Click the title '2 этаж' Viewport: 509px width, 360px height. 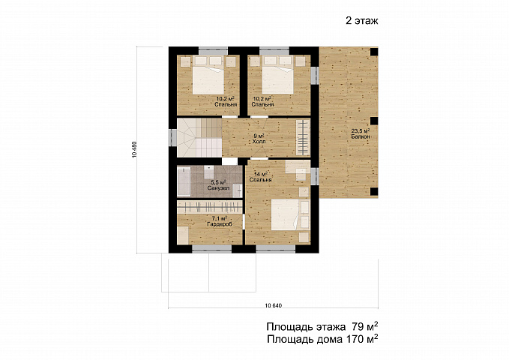tap(362, 21)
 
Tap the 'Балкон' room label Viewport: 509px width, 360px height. tap(361, 136)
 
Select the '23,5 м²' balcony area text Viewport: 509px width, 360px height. tap(361, 131)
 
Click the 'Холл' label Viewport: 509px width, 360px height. tap(259, 142)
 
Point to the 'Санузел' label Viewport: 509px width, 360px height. tap(218, 187)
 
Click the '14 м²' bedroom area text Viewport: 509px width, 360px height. tap(260, 174)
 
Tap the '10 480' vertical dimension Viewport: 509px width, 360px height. tap(134, 150)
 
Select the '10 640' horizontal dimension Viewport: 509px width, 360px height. tap(274, 305)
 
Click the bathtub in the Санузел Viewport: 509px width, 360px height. tap(184, 181)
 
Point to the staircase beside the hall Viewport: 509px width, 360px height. tap(199, 137)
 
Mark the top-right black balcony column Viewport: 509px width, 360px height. tap(374, 52)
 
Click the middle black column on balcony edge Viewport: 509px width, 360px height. tap(374, 121)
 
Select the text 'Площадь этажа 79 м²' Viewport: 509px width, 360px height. tap(322, 326)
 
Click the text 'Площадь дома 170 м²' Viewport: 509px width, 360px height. tap(322, 339)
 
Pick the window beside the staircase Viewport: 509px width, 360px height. tap(172, 138)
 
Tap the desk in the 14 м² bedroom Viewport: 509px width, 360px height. tap(298, 167)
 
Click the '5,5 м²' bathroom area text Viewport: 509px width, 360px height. tap(218, 182)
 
